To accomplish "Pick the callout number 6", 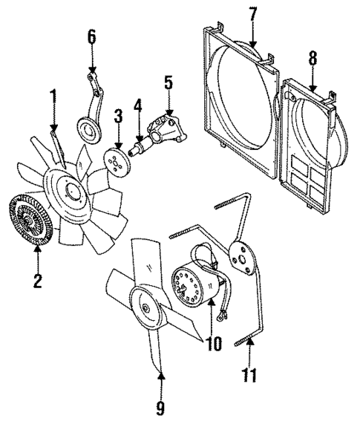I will (x=91, y=36).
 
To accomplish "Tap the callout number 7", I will (x=252, y=13).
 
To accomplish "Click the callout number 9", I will (x=160, y=408).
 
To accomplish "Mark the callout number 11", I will (x=252, y=372).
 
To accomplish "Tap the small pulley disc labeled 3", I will (x=115, y=160).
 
